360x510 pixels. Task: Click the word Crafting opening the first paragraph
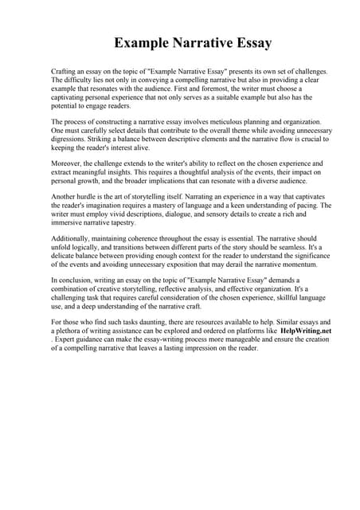click(x=65, y=72)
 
